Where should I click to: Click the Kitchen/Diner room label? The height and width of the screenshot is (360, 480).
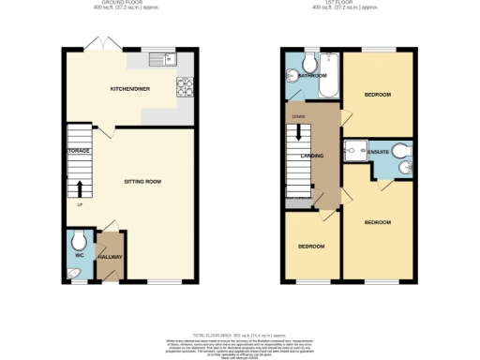click(129, 89)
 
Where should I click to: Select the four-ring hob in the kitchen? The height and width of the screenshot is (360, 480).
click(183, 89)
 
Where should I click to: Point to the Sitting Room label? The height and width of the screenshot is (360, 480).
click(143, 181)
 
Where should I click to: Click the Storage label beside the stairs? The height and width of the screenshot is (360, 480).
click(77, 150)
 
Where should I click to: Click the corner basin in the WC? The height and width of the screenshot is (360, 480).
click(74, 272)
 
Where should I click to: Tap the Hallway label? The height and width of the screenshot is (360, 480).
click(111, 257)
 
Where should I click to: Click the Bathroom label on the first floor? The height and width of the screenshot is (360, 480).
click(312, 75)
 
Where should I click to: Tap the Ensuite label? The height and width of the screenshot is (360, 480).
click(378, 150)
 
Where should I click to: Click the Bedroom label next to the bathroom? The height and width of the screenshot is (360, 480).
click(378, 95)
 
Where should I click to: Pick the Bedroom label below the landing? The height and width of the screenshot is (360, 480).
click(311, 247)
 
